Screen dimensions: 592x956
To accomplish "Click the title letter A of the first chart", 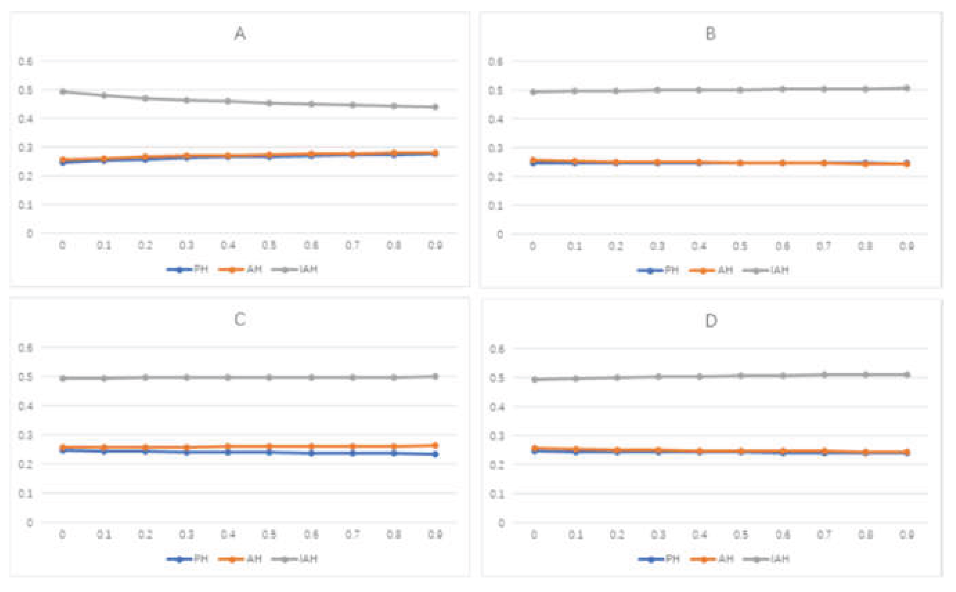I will pyautogui.click(x=240, y=34).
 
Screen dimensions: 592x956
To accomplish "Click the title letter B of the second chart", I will pyautogui.click(x=711, y=34).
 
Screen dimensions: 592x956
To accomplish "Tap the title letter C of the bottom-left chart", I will pyautogui.click(x=240, y=320).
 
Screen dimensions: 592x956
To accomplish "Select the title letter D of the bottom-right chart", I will pyautogui.click(x=711, y=321).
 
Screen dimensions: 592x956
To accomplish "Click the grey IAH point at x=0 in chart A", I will pyautogui.click(x=63, y=92).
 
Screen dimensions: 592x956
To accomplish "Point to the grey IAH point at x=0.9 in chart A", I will pyautogui.click(x=435, y=107).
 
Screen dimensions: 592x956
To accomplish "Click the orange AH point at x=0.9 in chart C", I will pyautogui.click(x=435, y=445).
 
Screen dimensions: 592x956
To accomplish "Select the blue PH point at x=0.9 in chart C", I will pyautogui.click(x=435, y=454).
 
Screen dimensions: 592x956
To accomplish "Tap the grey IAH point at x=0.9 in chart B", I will pyautogui.click(x=907, y=88).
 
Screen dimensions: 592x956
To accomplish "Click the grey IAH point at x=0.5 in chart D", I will pyautogui.click(x=741, y=376).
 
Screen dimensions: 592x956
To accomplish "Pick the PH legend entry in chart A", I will pyautogui.click(x=188, y=269).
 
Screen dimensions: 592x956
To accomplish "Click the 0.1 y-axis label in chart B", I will pyautogui.click(x=496, y=205).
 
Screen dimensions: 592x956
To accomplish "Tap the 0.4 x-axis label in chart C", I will pyautogui.click(x=228, y=534).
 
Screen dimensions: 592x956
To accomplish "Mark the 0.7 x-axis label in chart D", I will pyautogui.click(x=824, y=535).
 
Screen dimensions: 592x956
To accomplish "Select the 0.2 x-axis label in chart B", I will pyautogui.click(x=616, y=246).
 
